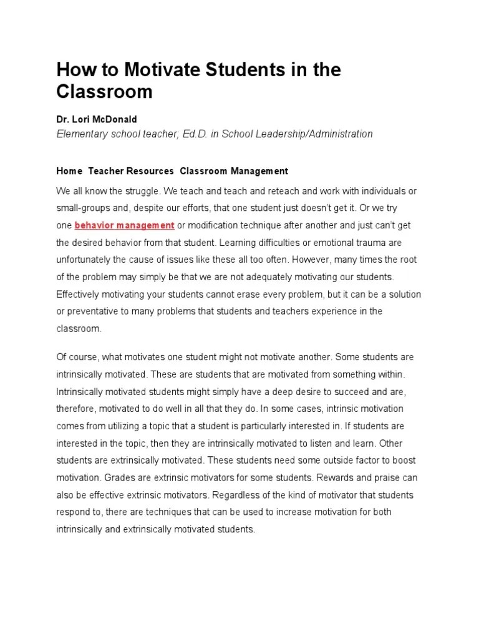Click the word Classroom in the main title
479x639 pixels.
(x=104, y=92)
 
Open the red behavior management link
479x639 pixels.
(x=124, y=225)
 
